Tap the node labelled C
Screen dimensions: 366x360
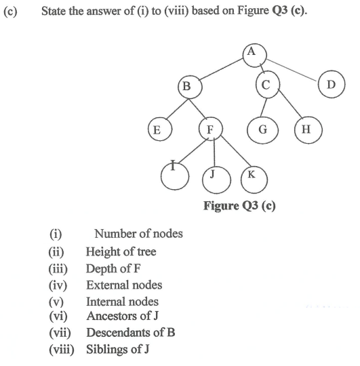coord(267,85)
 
